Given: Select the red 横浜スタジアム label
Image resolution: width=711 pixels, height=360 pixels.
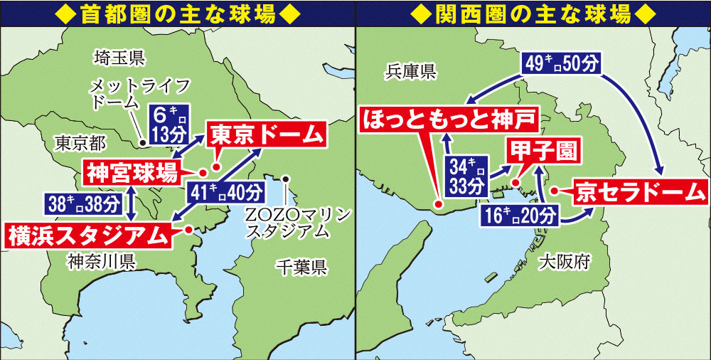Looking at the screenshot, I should click(90, 234).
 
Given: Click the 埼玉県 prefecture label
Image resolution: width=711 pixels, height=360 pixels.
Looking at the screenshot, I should click(119, 56).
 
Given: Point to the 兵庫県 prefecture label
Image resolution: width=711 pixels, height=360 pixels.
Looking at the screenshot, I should click(410, 70).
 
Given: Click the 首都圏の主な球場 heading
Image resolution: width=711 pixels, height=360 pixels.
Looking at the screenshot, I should click(176, 12).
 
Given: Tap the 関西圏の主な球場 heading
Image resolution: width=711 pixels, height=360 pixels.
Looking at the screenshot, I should click(533, 12).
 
